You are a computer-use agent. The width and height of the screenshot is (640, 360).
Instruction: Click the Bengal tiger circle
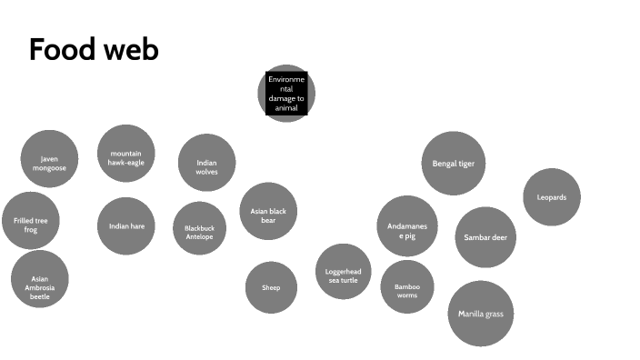[453, 164]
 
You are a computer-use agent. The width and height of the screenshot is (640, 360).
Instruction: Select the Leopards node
[552, 197]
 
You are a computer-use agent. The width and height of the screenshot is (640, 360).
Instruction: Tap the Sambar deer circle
[485, 237]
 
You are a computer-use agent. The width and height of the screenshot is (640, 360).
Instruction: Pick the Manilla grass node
[481, 314]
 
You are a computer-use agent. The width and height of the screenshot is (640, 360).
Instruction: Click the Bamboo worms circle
[407, 290]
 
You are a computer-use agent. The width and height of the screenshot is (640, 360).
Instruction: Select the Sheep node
[272, 287]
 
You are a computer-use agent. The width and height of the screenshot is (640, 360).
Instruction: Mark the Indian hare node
[126, 225]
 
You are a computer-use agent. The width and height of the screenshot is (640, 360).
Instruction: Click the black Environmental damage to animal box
[286, 94]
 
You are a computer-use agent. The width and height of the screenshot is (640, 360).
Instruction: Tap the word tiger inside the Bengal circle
[465, 165]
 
